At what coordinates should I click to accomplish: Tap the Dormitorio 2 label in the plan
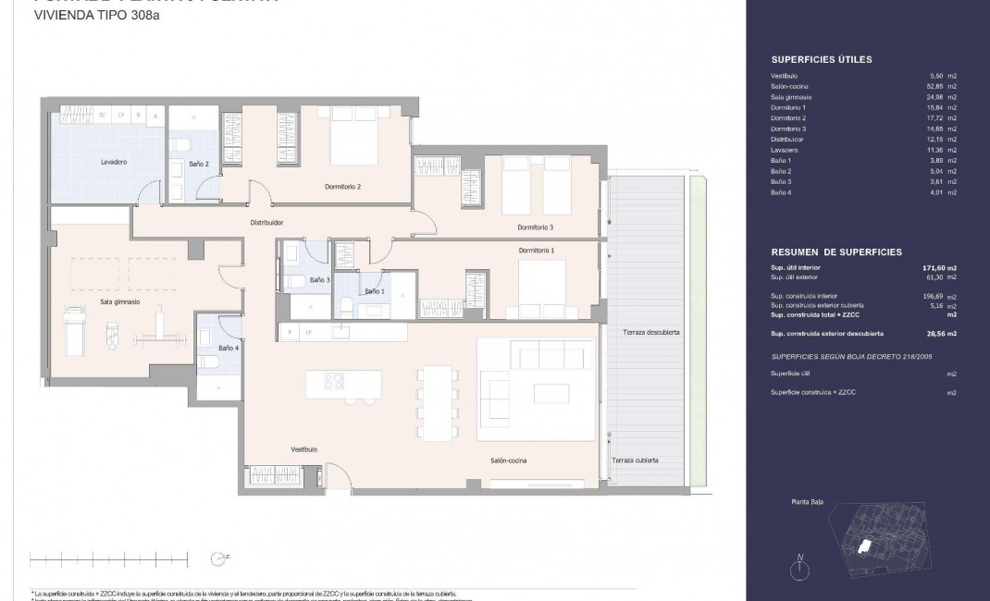pos(342,187)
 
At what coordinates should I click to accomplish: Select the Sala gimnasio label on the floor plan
pos(119,301)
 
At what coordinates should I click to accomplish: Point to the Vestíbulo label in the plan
pos(303,449)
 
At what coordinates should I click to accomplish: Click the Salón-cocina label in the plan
pos(509,460)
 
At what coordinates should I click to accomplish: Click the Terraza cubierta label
pos(634,460)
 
